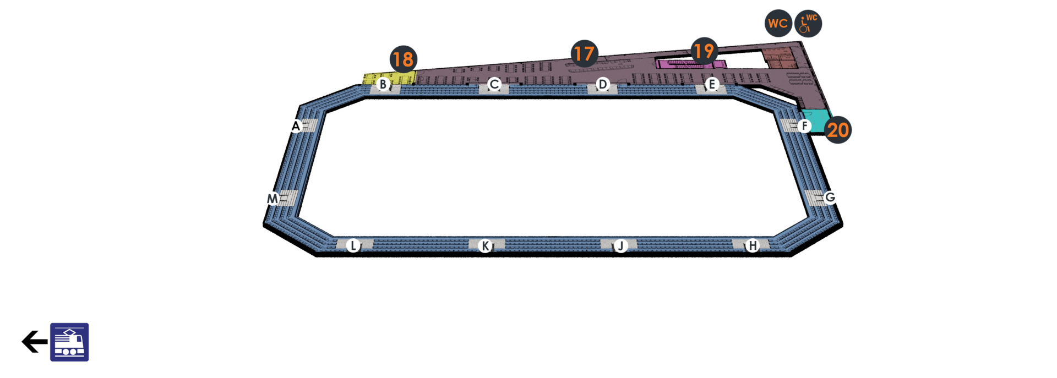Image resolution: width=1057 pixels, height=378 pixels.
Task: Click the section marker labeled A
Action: (296, 126)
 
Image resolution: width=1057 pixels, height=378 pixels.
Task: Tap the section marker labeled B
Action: (383, 85)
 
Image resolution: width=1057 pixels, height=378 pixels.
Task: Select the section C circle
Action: (494, 84)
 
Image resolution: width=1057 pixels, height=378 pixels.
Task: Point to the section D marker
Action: (603, 84)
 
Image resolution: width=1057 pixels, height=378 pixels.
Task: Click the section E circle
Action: (712, 84)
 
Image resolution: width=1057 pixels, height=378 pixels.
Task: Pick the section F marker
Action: (804, 126)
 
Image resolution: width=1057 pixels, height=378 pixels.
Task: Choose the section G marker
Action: (830, 197)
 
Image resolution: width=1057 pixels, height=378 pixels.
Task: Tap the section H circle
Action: (752, 245)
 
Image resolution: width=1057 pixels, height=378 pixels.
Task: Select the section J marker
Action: (620, 245)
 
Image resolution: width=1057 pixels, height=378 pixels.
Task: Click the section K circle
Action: (484, 245)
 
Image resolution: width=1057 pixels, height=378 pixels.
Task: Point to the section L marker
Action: (353, 245)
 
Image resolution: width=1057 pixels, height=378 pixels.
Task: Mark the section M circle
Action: (273, 199)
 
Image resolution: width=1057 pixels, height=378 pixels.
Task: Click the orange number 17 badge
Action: (584, 53)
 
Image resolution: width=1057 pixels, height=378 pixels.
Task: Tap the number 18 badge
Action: (403, 59)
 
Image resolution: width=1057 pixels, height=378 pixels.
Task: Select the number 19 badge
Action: (704, 51)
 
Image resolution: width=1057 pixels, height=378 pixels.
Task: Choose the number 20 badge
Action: (838, 130)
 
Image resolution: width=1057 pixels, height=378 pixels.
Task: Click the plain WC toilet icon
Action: (778, 23)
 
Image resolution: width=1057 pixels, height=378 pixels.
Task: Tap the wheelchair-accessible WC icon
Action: (808, 24)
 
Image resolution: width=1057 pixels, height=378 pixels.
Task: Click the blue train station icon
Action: (69, 342)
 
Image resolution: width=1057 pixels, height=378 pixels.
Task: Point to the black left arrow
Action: (34, 341)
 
